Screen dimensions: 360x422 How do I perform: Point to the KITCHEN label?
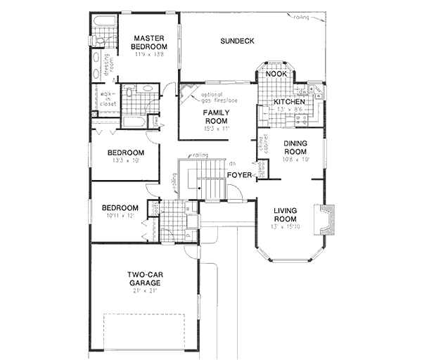(x=288, y=102)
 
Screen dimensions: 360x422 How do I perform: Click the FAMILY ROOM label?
(x=217, y=117)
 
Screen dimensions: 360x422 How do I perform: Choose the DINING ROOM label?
(x=295, y=147)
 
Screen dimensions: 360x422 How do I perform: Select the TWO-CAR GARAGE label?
(x=143, y=278)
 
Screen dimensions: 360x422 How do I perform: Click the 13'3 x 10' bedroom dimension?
(x=126, y=161)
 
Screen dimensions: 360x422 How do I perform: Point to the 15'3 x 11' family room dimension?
(x=217, y=129)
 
